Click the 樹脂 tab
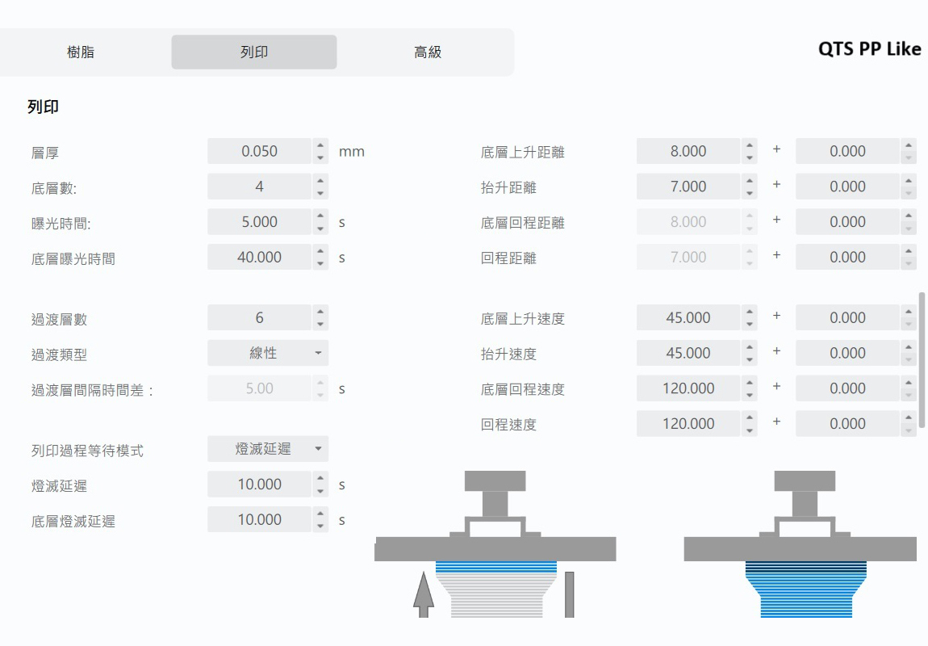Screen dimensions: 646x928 click(x=81, y=52)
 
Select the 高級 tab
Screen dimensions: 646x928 click(x=427, y=52)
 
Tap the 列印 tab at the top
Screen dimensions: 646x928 click(x=254, y=52)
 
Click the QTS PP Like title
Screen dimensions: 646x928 click(x=869, y=48)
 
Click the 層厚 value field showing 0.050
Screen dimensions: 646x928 click(x=259, y=151)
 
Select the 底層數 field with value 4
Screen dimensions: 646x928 click(x=259, y=187)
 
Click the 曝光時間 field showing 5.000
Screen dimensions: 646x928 click(x=259, y=222)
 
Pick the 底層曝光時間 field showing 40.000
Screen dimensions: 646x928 click(x=259, y=258)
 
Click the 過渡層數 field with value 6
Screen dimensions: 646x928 click(x=259, y=318)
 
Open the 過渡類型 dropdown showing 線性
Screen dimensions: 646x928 click(x=268, y=353)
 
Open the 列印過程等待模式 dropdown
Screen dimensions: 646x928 click(x=268, y=449)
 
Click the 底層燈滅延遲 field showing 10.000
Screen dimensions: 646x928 click(x=259, y=520)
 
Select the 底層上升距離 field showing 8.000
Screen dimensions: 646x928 click(x=688, y=151)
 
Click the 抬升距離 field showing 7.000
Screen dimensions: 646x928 click(x=688, y=187)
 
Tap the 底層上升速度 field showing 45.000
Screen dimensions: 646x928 click(x=688, y=318)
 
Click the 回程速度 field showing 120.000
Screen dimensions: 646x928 click(x=688, y=424)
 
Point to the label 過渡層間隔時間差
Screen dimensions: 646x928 click(x=92, y=390)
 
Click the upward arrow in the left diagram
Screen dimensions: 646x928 click(x=423, y=594)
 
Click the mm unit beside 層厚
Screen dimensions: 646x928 click(x=352, y=152)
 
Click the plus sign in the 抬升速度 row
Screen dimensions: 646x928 click(x=776, y=352)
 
